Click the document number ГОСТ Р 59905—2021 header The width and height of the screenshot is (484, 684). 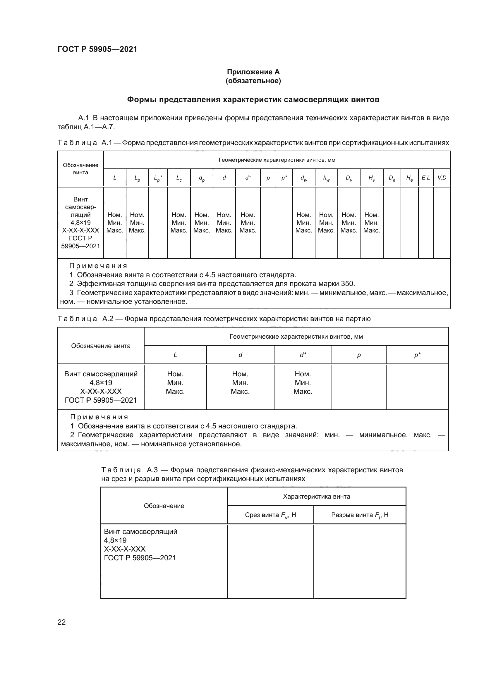97,49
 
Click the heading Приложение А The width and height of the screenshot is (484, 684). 253,72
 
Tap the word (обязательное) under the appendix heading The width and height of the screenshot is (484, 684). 253,81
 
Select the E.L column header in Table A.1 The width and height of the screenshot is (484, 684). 425,178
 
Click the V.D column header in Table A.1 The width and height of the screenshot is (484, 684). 442,178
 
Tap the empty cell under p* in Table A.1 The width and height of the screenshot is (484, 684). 284,223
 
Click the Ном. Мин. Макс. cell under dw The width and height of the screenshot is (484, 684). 303,223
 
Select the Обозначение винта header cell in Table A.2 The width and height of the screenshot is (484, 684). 101,346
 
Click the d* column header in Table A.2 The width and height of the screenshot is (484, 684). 303,355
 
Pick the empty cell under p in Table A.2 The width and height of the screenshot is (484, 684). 358,387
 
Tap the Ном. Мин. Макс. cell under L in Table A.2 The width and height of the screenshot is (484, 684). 175,383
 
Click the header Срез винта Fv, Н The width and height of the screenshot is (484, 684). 270,515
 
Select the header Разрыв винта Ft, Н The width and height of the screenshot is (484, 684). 359,515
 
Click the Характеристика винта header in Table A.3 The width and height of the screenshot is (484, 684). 316,497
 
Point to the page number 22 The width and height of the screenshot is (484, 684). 61,622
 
